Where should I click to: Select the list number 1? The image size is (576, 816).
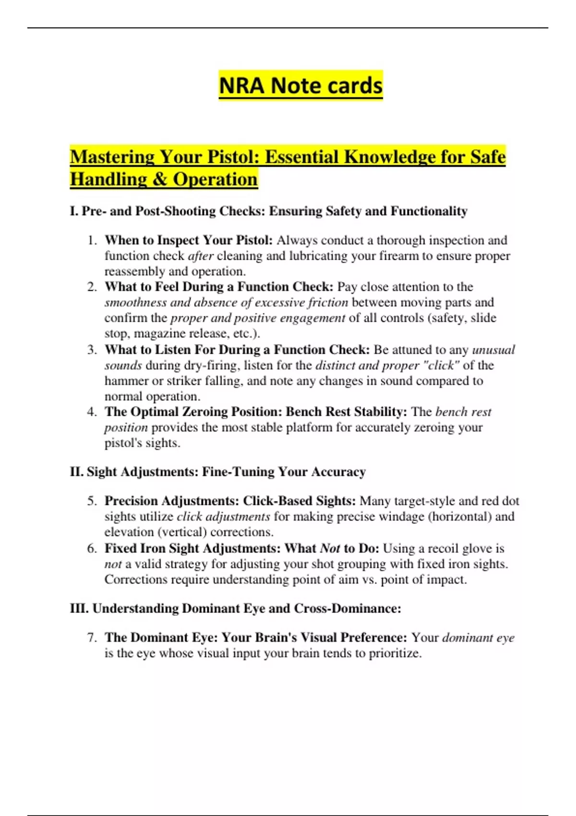(92, 240)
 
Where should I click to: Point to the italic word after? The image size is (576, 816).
(201, 256)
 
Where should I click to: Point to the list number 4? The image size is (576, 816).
(92, 412)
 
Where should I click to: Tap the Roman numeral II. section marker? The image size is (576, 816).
(76, 472)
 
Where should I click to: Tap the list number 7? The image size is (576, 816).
(92, 637)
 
